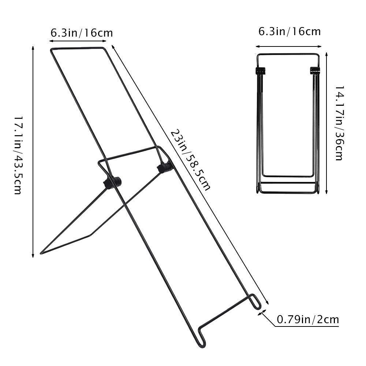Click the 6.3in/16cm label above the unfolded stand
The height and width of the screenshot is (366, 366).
(x=82, y=33)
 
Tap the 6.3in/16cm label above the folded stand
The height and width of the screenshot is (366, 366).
(x=290, y=31)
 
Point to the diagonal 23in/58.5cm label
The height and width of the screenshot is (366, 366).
(x=191, y=160)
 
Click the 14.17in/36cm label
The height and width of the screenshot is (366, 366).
(x=339, y=123)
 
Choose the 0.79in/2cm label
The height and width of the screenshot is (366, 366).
(x=307, y=320)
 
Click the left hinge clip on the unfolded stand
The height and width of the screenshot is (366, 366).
(x=112, y=182)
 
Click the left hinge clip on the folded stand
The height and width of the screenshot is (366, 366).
(x=259, y=71)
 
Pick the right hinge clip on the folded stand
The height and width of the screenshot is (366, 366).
(x=315, y=70)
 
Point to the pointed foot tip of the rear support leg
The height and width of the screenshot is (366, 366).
(x=41, y=253)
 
